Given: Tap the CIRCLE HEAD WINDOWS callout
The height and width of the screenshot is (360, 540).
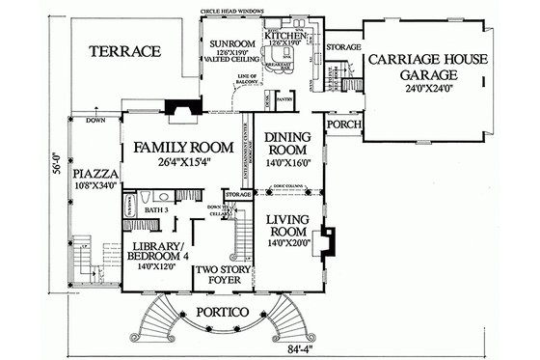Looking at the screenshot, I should tap(235, 11).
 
